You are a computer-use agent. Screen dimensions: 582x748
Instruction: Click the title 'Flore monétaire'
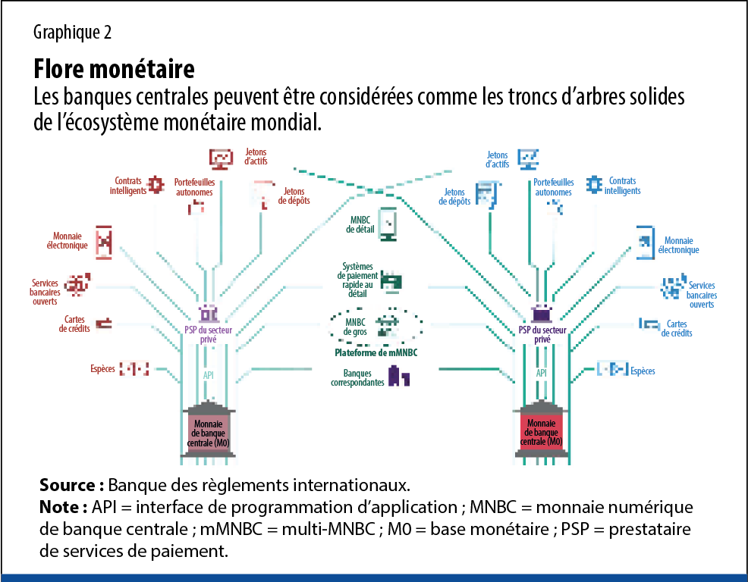click(114, 70)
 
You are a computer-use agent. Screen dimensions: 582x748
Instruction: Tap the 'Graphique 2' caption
click(73, 33)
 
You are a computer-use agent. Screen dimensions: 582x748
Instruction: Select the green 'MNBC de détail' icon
click(388, 224)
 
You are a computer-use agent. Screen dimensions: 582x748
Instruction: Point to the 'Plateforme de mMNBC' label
click(376, 353)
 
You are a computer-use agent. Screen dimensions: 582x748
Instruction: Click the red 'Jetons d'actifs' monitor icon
click(221, 158)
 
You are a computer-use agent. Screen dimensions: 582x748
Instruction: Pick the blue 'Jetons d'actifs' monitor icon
click(528, 158)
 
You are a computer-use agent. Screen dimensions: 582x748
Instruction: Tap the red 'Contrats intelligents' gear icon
click(156, 184)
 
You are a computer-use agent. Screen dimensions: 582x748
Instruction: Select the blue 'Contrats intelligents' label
click(622, 186)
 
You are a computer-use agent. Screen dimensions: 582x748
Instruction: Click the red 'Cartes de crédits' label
click(74, 324)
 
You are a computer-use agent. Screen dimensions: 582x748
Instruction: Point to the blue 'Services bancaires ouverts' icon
click(671, 288)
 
